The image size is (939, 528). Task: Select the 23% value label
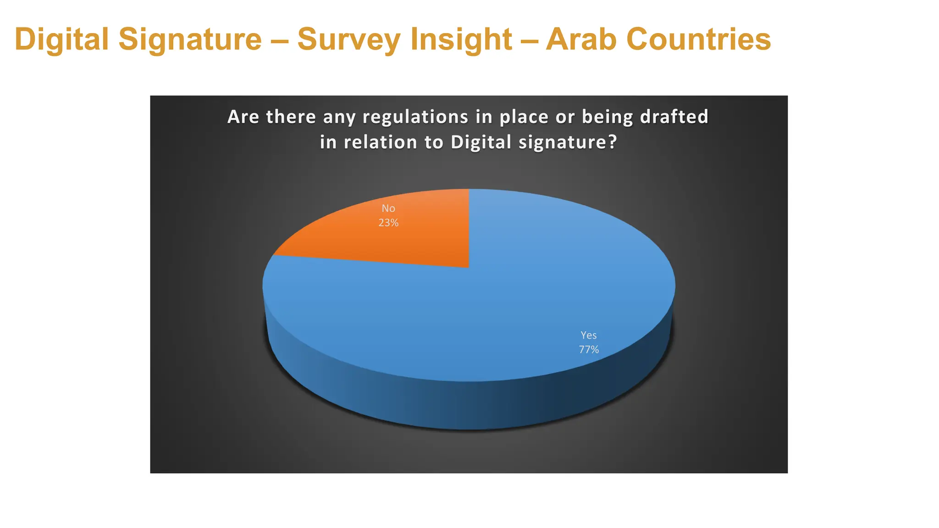click(388, 223)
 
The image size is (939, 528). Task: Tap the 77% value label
click(589, 350)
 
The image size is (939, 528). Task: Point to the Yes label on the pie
click(589, 335)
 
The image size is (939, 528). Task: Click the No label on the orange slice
click(388, 209)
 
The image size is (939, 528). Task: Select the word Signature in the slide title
click(190, 39)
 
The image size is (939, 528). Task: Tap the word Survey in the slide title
click(348, 39)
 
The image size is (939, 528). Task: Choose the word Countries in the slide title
click(699, 39)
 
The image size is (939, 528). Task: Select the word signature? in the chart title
click(568, 143)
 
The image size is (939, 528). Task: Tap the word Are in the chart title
click(243, 117)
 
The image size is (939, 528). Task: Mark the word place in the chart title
click(524, 117)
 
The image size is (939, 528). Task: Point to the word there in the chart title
click(291, 117)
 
